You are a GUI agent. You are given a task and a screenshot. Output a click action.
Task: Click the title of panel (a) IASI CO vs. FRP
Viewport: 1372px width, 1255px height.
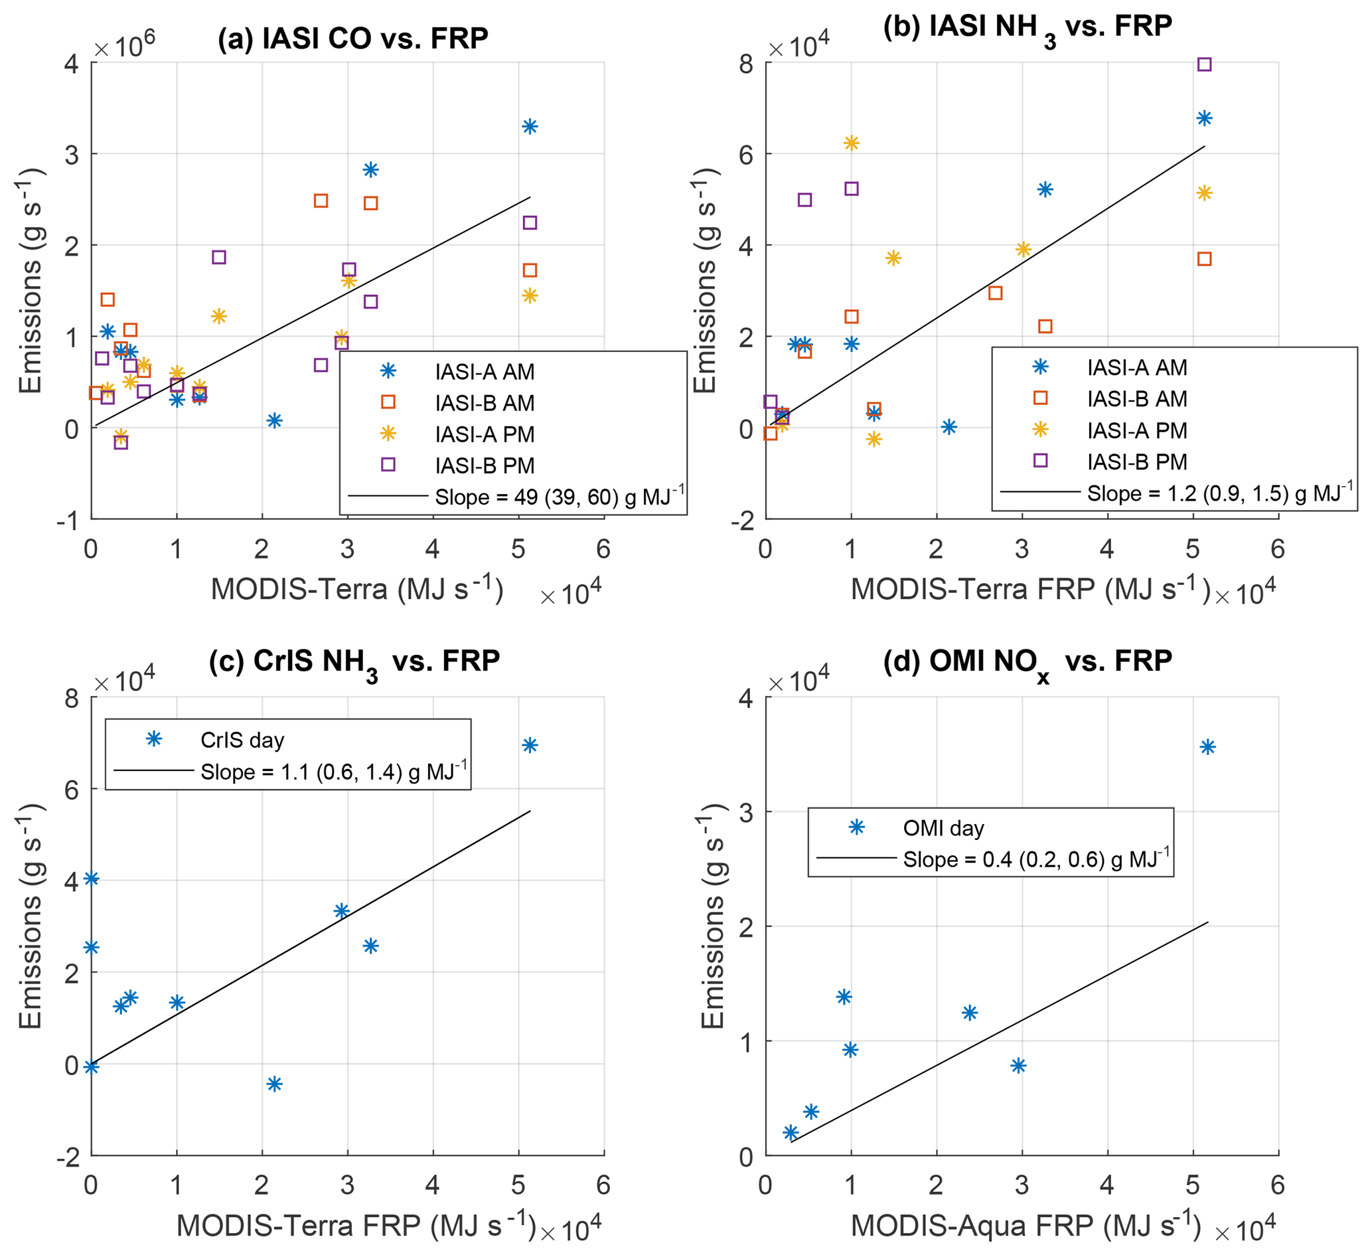pyautogui.click(x=352, y=38)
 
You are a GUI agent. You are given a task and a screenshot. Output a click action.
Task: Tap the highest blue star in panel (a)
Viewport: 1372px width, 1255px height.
pyautogui.click(x=530, y=127)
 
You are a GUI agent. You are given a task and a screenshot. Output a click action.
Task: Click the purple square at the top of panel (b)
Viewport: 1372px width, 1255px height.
pyautogui.click(x=1204, y=64)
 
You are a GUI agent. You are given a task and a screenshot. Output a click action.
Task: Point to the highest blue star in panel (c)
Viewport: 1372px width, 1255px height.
pyautogui.click(x=530, y=746)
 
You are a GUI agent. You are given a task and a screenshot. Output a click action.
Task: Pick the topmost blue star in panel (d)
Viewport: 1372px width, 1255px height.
pyautogui.click(x=1207, y=748)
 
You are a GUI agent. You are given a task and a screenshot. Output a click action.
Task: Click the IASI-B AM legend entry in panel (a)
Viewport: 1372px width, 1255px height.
pyautogui.click(x=485, y=403)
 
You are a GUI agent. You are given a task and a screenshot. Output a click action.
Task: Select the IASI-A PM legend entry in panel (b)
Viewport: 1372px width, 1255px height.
pyautogui.click(x=1136, y=430)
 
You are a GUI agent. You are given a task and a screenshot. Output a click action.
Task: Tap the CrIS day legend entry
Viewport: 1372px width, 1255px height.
pyautogui.click(x=242, y=740)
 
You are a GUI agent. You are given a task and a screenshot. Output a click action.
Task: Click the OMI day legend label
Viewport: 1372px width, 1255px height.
pyautogui.click(x=943, y=828)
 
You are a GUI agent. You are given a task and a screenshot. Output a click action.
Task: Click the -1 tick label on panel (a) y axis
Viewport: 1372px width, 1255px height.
pyautogui.click(x=68, y=522)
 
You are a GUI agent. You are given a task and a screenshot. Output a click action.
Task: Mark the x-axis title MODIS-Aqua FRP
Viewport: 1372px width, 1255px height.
pyautogui.click(x=1026, y=1226)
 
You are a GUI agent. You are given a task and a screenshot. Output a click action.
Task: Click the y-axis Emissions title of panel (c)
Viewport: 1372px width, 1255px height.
pyautogui.click(x=31, y=916)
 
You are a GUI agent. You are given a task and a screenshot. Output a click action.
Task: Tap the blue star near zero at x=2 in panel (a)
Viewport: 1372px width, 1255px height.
pyautogui.click(x=274, y=421)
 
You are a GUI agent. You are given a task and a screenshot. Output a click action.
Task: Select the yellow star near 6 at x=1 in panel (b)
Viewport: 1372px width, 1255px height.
pyautogui.click(x=852, y=143)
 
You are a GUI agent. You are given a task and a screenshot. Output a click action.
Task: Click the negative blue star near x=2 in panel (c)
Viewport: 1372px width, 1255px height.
pyautogui.click(x=274, y=1084)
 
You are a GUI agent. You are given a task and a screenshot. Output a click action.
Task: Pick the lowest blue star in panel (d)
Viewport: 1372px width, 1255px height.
pyautogui.click(x=790, y=1132)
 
